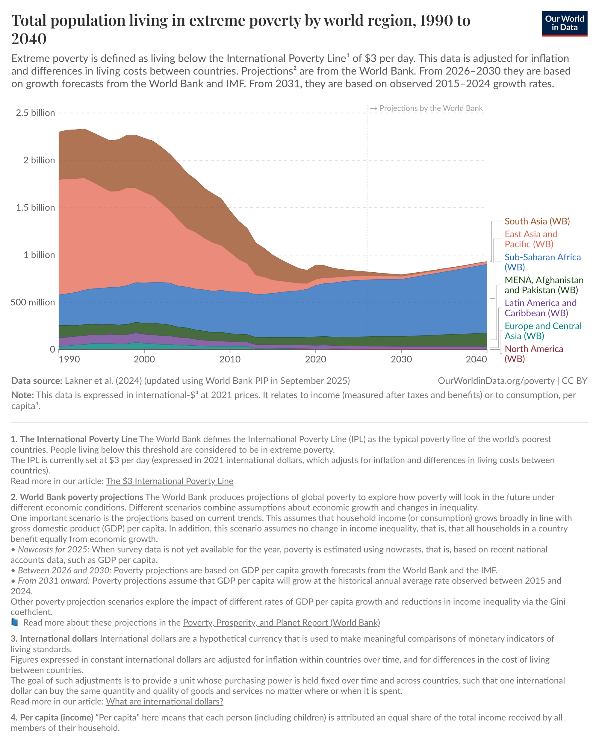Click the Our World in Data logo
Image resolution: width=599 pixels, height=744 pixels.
coord(564,23)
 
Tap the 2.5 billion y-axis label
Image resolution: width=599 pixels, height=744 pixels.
coord(35,113)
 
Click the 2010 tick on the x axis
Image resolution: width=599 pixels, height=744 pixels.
coord(230,359)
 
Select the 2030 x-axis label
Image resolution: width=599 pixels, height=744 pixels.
coord(401,359)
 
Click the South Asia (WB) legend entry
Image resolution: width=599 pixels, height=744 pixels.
coord(537,221)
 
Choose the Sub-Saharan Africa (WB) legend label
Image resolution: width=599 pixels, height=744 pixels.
coord(542,262)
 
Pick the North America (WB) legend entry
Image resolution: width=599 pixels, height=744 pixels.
coord(533,354)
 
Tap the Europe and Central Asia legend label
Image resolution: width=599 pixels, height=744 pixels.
coord(543,331)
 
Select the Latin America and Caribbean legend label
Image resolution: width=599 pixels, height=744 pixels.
coord(540,308)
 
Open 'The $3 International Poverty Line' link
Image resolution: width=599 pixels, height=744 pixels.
coord(170,481)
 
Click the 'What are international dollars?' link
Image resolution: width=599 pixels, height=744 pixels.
coord(164,702)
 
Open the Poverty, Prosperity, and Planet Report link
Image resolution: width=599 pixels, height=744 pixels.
coord(281,622)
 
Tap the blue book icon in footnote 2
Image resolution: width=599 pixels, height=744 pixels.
coord(15,622)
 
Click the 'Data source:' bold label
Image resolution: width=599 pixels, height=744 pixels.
coord(37,381)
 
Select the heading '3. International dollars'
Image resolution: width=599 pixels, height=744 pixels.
coord(54,639)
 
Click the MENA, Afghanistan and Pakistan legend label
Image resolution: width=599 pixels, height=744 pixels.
coord(544,285)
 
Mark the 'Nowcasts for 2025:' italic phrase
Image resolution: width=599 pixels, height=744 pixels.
coord(54,549)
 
